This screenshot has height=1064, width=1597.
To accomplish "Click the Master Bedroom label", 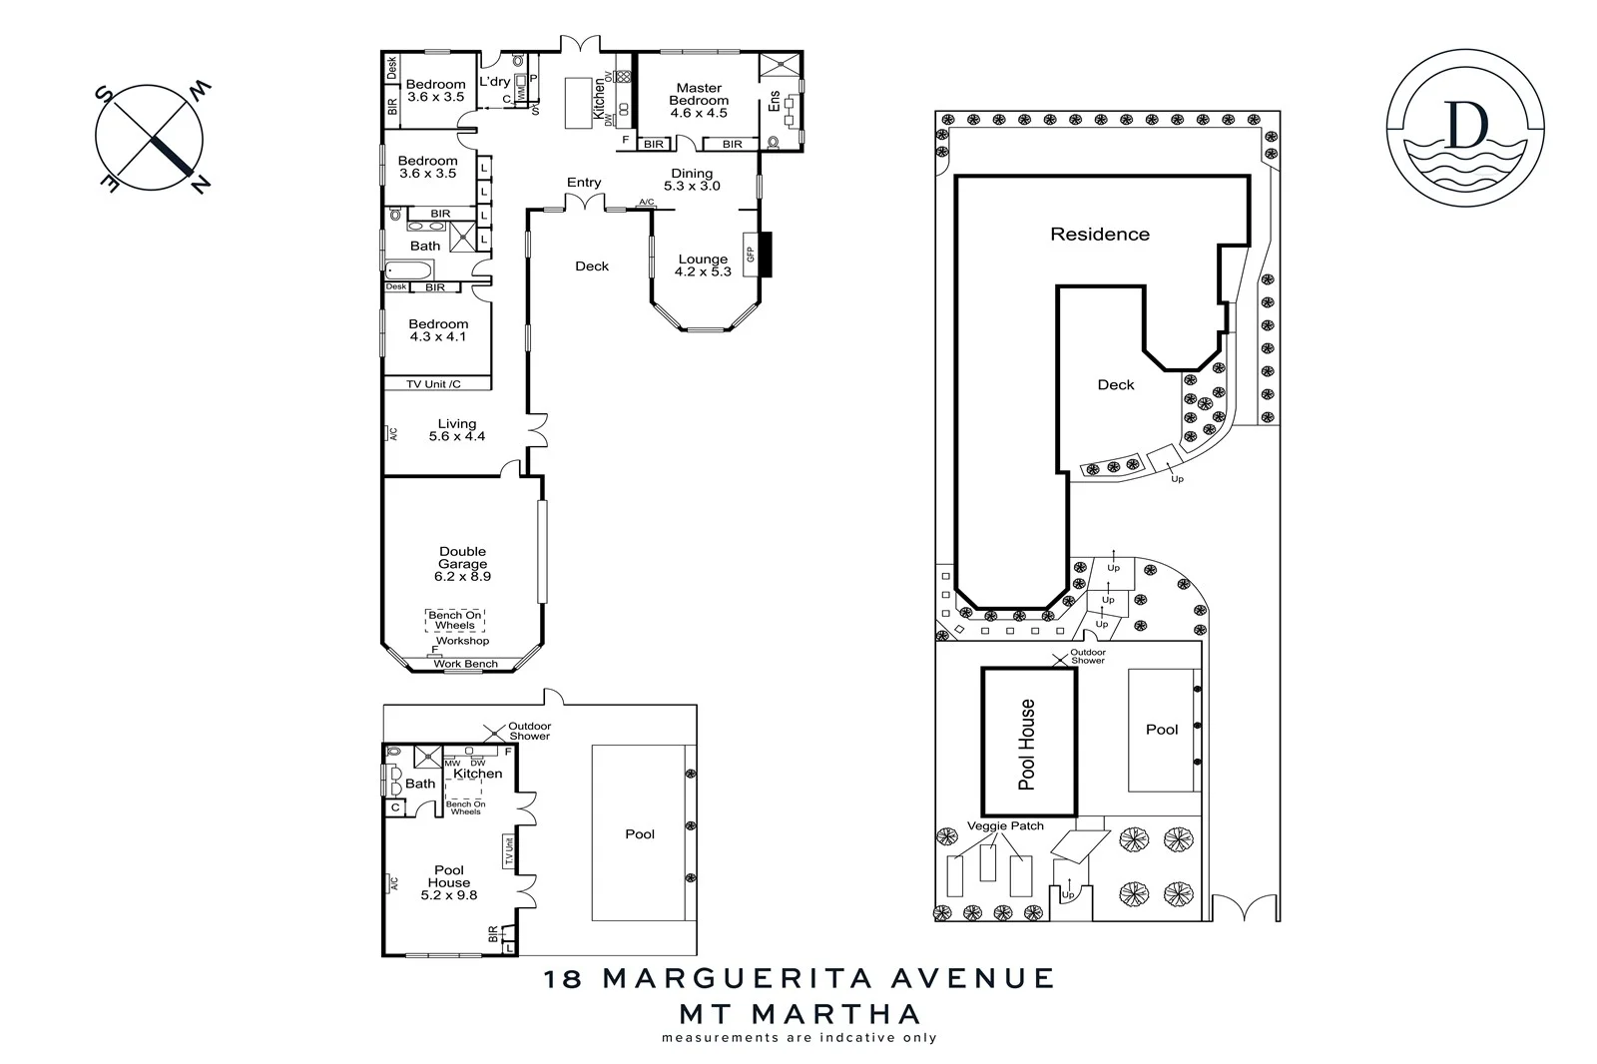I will point(698,95).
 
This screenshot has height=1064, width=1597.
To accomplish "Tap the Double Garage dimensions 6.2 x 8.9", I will point(462,576).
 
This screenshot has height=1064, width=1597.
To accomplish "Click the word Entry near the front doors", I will point(584,182).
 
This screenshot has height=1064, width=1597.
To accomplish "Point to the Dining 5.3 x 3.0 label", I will point(692,180).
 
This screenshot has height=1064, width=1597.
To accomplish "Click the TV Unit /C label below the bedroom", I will point(434,384).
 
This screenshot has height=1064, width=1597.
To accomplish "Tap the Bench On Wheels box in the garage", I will point(455,620).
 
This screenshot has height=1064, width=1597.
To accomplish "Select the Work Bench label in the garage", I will point(465,664).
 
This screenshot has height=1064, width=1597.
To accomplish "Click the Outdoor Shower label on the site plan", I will point(1088,656).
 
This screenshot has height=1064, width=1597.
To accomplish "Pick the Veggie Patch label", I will point(1005,825).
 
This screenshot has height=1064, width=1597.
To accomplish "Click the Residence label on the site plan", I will point(1099,235).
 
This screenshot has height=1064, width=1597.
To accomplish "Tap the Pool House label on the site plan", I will point(1027,744).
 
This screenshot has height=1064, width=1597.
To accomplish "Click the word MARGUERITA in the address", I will point(827,977).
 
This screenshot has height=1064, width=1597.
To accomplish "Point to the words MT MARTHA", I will point(799,1014).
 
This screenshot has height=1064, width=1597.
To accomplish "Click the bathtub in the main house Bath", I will point(408,270).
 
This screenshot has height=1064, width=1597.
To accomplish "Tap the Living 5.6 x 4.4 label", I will point(456,430).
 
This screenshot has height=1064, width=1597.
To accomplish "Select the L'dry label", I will point(494,82).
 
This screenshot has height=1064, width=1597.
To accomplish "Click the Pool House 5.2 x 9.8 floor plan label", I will point(449,882).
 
